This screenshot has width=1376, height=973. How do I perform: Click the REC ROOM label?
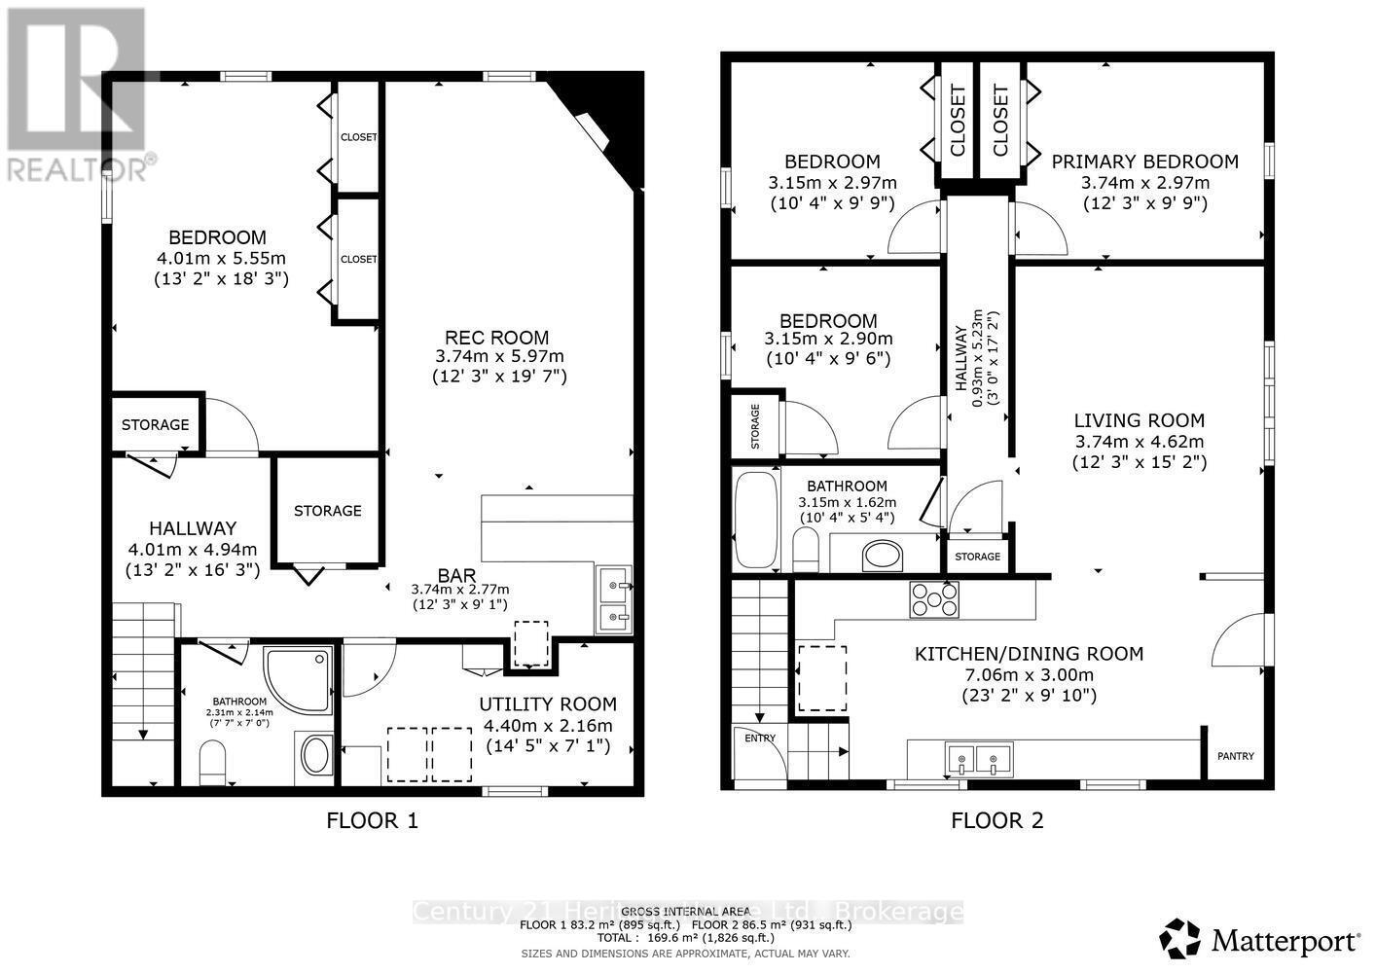496,338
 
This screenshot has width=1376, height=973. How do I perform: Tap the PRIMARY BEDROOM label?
1144,162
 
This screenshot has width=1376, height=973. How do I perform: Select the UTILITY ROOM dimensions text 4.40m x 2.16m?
548,726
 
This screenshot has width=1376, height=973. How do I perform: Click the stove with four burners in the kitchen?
933,598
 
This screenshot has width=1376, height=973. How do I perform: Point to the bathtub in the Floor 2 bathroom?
755,519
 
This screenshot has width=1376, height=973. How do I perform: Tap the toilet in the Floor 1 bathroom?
212,762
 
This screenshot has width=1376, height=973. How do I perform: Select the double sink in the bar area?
613,601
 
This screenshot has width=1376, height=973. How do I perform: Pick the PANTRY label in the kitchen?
1236,756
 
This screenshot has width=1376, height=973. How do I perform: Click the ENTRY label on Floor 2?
760,738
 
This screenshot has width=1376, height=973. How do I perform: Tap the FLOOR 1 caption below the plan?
372,820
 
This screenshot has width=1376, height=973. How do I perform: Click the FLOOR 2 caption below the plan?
996,820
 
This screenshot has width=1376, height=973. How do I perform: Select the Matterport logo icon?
1179,939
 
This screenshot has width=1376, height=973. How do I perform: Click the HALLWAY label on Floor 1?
192,528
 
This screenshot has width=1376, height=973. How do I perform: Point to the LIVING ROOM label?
1139,420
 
